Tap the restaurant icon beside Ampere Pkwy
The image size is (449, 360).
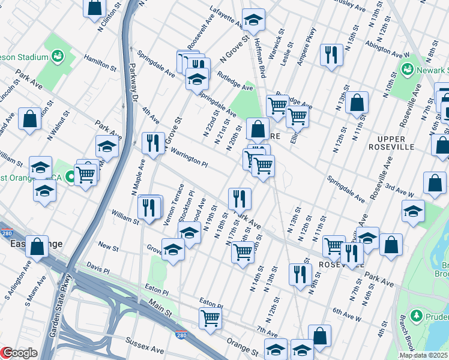[x=331, y=55]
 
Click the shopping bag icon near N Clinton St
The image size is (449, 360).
[x=95, y=8]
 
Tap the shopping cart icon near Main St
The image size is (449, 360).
[x=210, y=317]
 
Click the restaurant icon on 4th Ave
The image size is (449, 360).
[x=153, y=143]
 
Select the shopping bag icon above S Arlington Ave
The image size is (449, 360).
[x=37, y=246]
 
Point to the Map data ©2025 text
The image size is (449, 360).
[x=423, y=355]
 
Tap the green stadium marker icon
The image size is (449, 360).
[x=58, y=56]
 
